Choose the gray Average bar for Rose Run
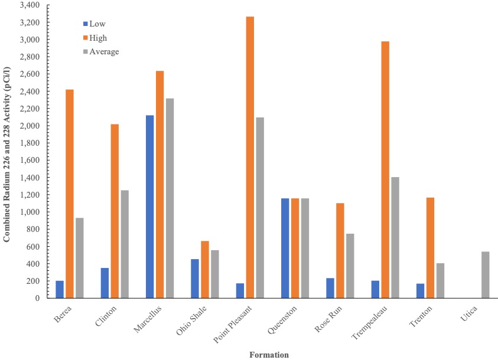350,266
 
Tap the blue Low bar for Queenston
285,248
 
